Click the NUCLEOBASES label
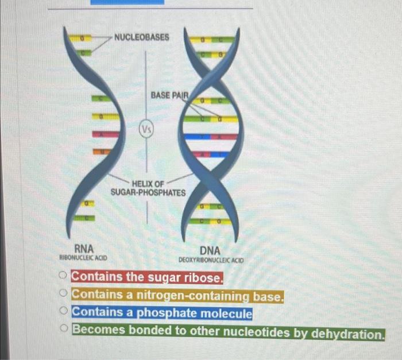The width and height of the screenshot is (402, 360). point(141,37)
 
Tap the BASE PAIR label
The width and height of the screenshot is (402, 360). point(169,95)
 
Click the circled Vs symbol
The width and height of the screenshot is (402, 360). point(145,129)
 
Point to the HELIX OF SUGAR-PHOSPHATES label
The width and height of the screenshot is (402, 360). point(148,188)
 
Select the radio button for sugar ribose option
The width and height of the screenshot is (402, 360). point(64,277)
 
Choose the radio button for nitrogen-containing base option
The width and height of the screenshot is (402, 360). point(64,295)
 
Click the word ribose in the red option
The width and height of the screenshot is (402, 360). point(202,277)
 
